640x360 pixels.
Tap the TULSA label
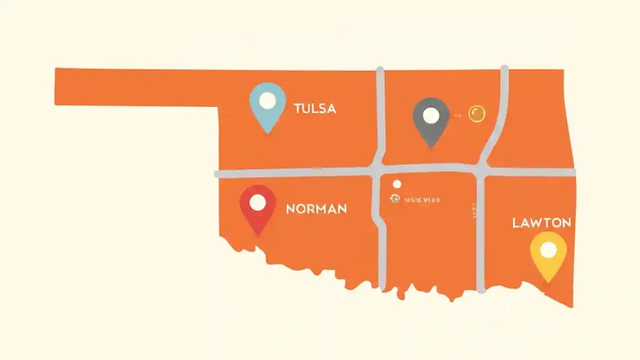[315, 108]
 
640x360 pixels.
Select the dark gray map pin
[431, 120]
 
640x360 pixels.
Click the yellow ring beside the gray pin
[476, 114]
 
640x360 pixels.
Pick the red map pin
[257, 207]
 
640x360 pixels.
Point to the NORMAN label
[316, 209]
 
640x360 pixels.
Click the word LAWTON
[541, 223]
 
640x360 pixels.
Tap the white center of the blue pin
[267, 100]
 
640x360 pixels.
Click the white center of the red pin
[257, 202]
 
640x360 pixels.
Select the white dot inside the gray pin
[431, 115]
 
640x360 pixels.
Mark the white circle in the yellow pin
[548, 249]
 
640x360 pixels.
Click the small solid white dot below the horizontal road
[397, 184]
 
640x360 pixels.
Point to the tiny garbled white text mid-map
[422, 200]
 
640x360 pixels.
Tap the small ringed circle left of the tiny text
[395, 199]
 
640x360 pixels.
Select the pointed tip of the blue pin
[268, 132]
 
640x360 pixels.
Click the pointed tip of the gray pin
[431, 147]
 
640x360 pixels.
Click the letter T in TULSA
[298, 108]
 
